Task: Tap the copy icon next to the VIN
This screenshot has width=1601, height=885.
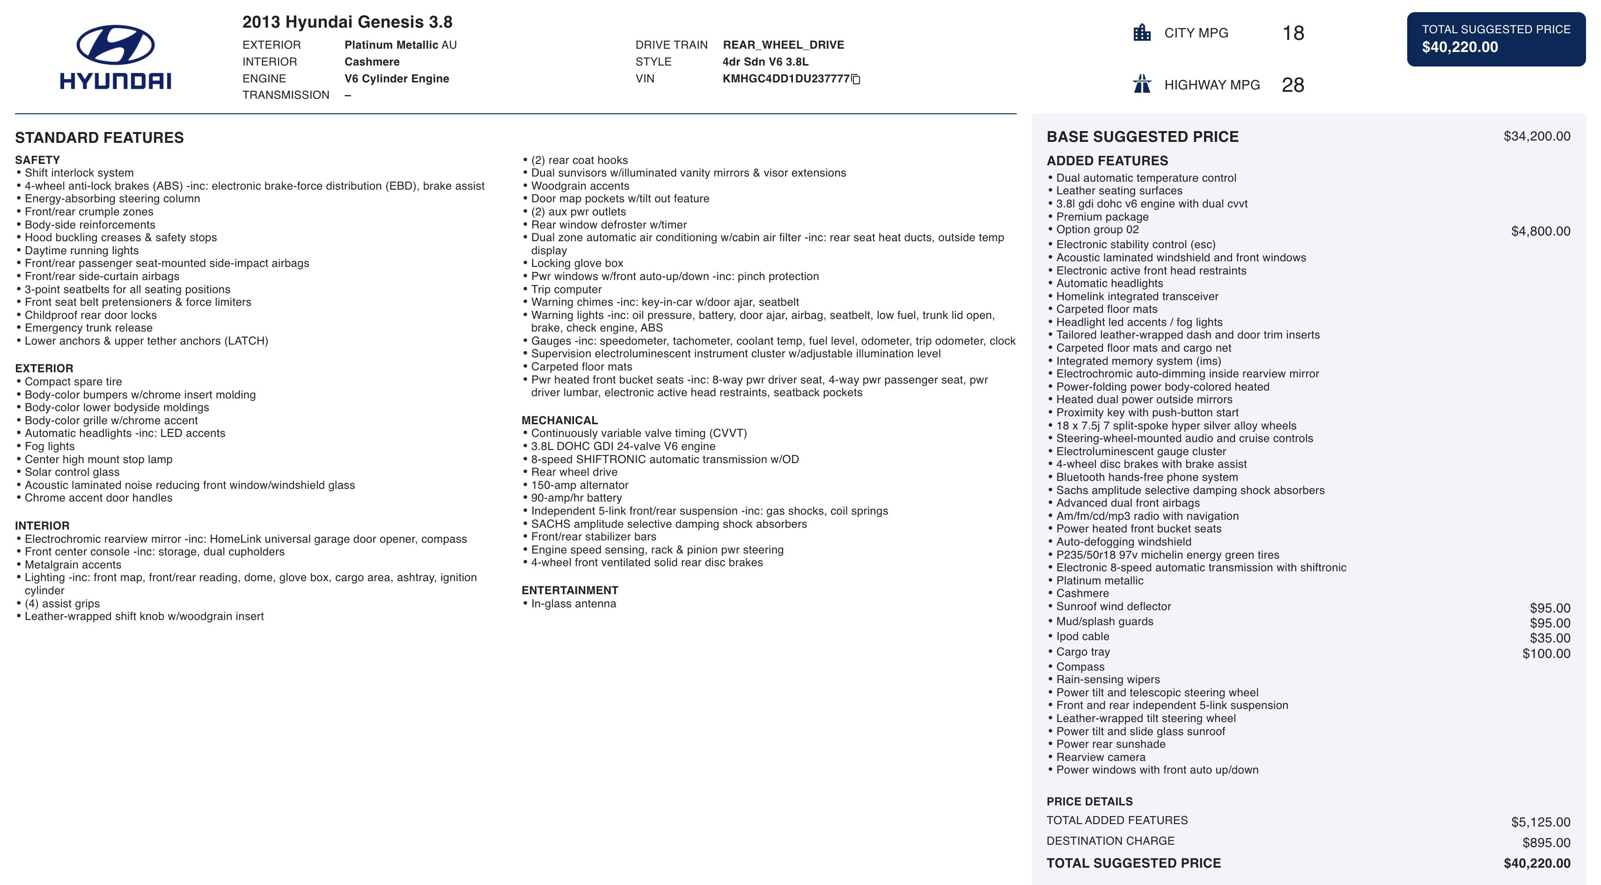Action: (856, 79)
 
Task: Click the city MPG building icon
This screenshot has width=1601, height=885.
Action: (1142, 32)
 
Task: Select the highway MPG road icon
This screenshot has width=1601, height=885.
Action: (1142, 84)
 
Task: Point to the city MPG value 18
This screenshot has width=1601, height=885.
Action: (1293, 33)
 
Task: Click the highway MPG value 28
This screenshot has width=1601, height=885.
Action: (1293, 85)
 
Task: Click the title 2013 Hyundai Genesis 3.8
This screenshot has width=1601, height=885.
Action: (347, 22)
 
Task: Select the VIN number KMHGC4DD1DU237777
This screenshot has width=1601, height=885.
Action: (786, 79)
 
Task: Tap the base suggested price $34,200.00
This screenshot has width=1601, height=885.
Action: (1536, 136)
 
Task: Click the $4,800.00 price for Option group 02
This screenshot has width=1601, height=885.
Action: (1540, 231)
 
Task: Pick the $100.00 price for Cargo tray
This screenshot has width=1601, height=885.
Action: (1546, 653)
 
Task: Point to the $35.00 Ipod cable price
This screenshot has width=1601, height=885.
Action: (1550, 638)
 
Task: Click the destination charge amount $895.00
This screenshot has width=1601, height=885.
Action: (1546, 843)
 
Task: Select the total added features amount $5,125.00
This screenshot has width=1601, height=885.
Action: (1540, 822)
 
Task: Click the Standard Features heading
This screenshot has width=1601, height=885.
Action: (99, 137)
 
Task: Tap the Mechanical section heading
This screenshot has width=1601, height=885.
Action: (559, 420)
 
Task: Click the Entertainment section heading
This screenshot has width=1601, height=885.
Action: (569, 590)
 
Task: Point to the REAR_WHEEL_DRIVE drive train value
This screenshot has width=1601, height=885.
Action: (783, 45)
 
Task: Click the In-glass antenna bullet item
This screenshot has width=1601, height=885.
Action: (573, 604)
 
